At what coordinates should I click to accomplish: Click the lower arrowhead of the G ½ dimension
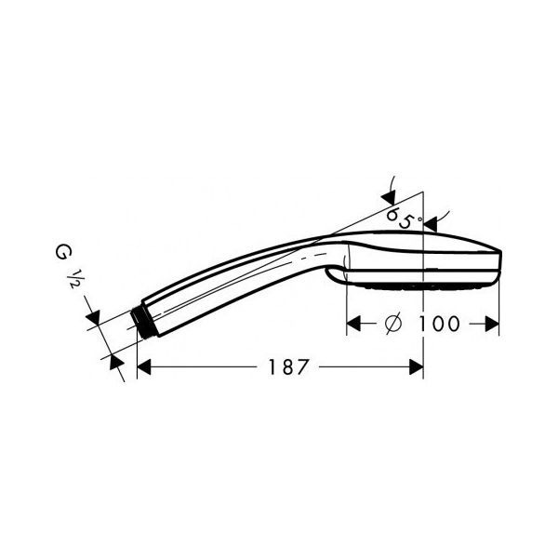[115, 361]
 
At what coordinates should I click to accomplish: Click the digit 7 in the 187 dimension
[299, 367]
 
